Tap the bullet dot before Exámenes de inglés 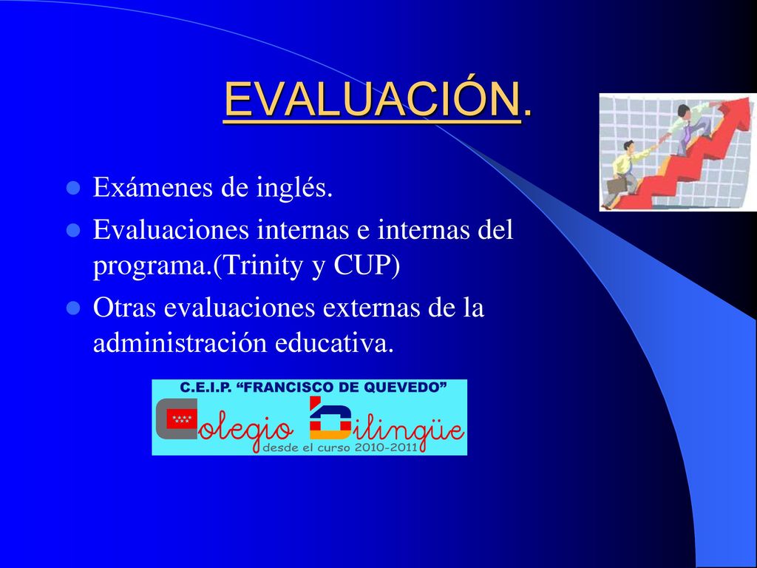pos(73,188)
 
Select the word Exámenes pos(153,187)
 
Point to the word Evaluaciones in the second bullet pos(171,229)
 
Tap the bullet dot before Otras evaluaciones pos(73,308)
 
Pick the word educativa pos(335,343)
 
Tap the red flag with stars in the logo pos(182,419)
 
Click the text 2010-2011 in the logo pos(386,447)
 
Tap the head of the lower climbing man pos(628,146)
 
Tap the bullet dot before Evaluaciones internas pos(73,230)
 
